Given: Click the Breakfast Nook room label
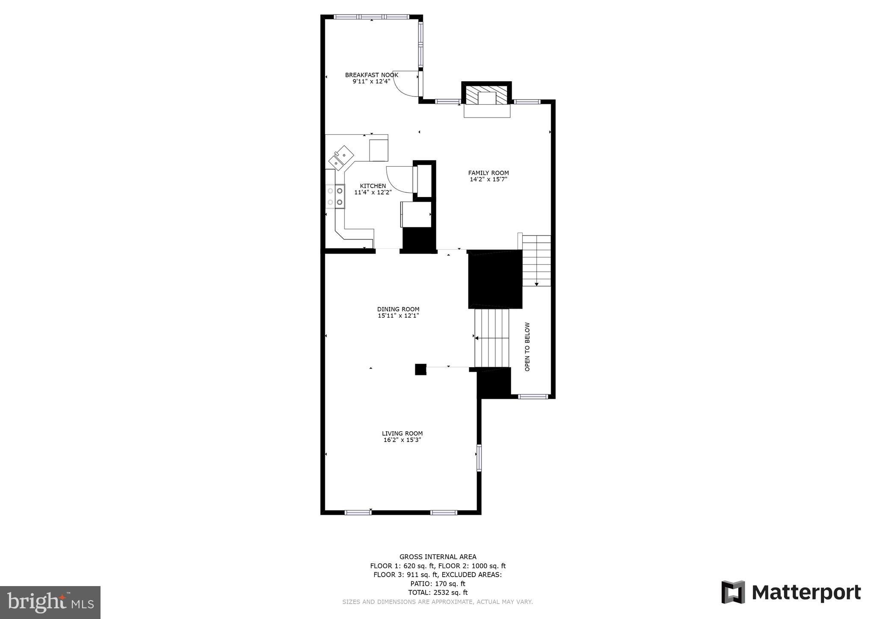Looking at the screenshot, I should (x=371, y=75).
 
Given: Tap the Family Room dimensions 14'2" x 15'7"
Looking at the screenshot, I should (x=488, y=180).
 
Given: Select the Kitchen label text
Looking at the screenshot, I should (x=373, y=186).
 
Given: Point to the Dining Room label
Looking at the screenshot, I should (x=398, y=309).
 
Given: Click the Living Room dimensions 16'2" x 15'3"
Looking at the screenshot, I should (x=402, y=440).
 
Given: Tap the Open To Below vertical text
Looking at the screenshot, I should (x=527, y=347).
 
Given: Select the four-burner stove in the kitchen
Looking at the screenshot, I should (x=335, y=197).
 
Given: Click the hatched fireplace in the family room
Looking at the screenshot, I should (x=487, y=95).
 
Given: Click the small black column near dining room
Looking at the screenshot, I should (x=420, y=369).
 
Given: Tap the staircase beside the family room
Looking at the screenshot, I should (x=536, y=261).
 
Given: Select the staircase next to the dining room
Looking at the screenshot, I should (x=492, y=338).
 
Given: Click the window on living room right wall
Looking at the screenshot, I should (x=479, y=458).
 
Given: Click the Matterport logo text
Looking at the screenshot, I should (x=806, y=593).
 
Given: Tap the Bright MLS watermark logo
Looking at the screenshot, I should (x=50, y=602).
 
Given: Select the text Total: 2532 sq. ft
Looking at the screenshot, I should (x=438, y=592).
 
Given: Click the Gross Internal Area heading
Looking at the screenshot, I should (x=438, y=557).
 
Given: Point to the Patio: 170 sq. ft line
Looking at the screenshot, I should (x=438, y=584).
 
